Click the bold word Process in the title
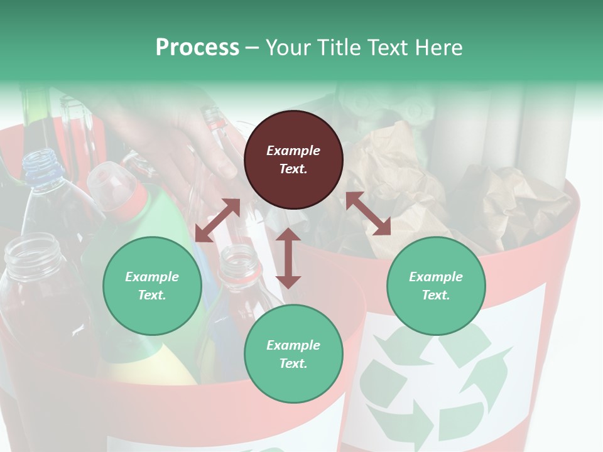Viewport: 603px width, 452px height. point(197,48)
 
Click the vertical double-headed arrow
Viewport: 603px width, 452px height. point(288,258)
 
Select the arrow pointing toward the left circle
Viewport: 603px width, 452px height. point(217,220)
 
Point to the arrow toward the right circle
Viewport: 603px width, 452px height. point(368,213)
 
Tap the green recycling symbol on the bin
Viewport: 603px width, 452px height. point(433,383)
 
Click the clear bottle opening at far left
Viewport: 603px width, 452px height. point(31,248)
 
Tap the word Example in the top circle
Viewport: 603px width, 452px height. point(293,151)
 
